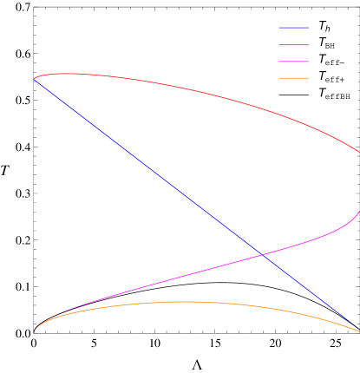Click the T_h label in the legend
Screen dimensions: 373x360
(x=324, y=27)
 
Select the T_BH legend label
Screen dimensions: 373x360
(x=326, y=43)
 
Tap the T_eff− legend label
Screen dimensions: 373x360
(x=331, y=60)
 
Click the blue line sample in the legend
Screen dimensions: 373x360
(x=293, y=28)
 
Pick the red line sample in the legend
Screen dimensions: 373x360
(x=293, y=44)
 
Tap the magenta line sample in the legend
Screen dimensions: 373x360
(x=293, y=61)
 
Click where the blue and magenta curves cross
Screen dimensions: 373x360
(x=262, y=255)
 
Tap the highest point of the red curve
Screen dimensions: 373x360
(x=65, y=74)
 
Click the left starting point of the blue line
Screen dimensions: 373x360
(x=35, y=79)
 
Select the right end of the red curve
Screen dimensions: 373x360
(x=359, y=152)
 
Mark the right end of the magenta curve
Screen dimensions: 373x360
(x=359, y=211)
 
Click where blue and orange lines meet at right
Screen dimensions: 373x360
(x=358, y=330)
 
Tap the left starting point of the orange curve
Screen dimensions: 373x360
(x=35, y=331)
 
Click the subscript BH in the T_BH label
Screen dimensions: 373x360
(x=330, y=46)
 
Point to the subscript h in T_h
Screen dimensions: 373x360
(x=327, y=29)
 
